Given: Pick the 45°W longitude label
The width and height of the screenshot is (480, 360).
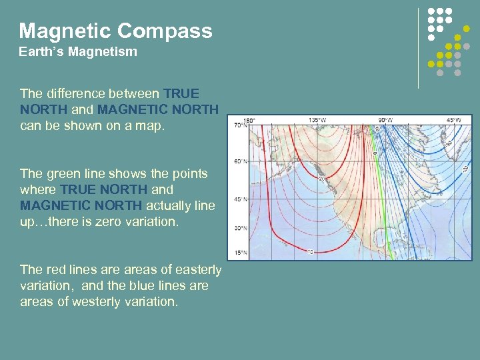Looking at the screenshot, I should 453,121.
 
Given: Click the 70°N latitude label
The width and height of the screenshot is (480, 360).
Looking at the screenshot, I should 238,125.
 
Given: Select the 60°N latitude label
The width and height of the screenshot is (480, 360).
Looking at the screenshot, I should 238,161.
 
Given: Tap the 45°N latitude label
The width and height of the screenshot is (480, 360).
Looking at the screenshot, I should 238,199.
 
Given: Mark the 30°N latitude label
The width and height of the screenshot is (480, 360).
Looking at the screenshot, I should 238,229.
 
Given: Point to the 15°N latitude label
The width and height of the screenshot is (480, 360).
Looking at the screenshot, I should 238,254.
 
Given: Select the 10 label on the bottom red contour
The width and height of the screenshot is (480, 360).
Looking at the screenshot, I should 310,252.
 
